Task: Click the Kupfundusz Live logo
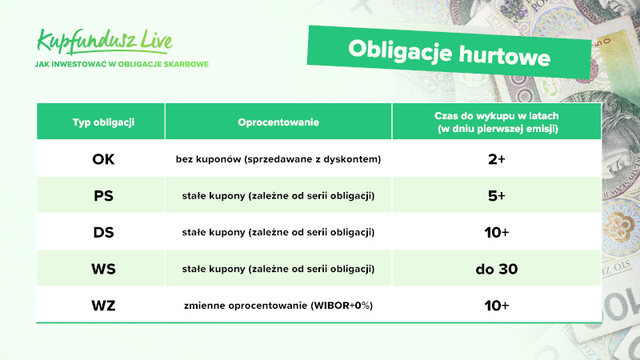(x=105, y=42)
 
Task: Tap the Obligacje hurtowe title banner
(x=449, y=53)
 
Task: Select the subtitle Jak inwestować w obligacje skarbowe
(x=122, y=64)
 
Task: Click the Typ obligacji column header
(x=103, y=122)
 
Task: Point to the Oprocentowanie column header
(x=278, y=122)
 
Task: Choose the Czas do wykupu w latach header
(x=497, y=122)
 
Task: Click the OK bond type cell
(x=103, y=159)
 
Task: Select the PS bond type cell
(x=103, y=196)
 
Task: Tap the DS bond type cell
(x=103, y=232)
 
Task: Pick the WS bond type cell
(x=103, y=269)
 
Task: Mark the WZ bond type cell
(x=103, y=306)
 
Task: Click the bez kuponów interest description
(x=278, y=159)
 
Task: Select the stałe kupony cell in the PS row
(x=278, y=196)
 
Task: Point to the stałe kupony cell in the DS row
(x=278, y=232)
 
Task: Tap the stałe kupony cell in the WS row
(x=278, y=269)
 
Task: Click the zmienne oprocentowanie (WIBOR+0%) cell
(x=278, y=306)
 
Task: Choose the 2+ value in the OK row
(x=497, y=159)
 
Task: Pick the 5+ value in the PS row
(x=497, y=196)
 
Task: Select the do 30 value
(x=497, y=269)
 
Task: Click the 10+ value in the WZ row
(x=497, y=306)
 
